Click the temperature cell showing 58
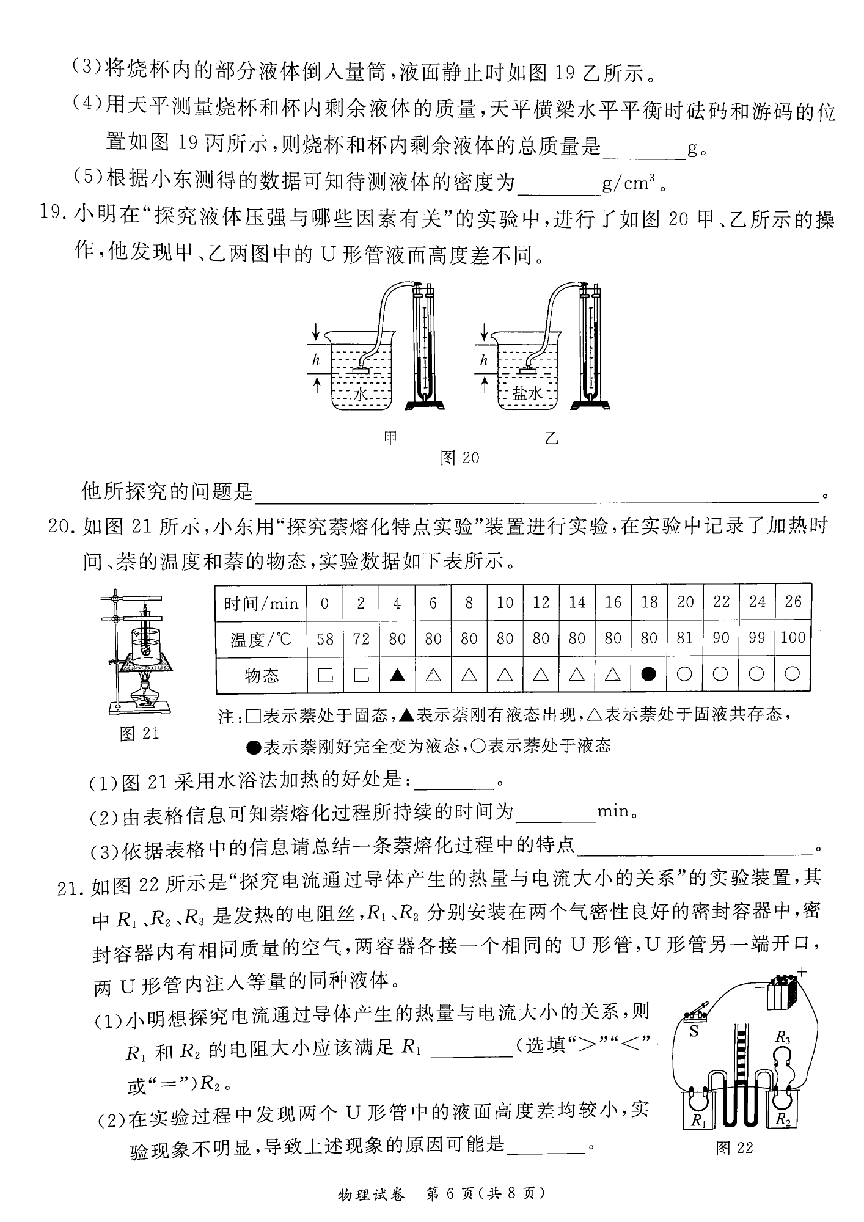(x=325, y=639)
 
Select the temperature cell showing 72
(x=361, y=639)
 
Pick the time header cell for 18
(x=649, y=602)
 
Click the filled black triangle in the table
(x=397, y=675)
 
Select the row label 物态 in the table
(x=262, y=675)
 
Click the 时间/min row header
(x=262, y=604)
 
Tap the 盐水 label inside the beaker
(x=527, y=394)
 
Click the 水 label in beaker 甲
(x=361, y=395)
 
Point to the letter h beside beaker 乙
(x=484, y=360)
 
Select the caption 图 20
(x=460, y=458)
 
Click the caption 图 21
(x=139, y=733)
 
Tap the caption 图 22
(x=734, y=1148)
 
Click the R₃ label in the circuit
(x=783, y=1037)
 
